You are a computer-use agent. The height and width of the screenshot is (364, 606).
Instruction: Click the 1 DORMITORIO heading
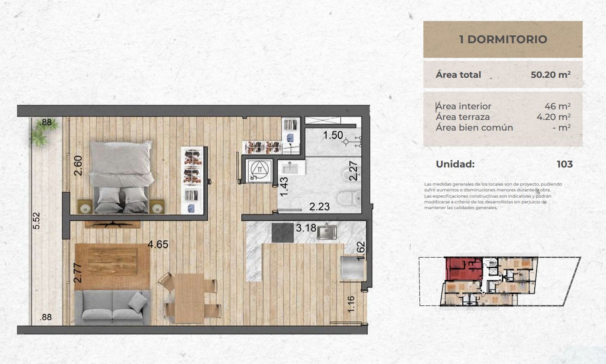click(x=503, y=39)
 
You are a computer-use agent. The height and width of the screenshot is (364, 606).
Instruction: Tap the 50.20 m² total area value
click(x=550, y=75)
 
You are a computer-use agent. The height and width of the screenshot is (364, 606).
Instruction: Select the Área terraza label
click(x=463, y=117)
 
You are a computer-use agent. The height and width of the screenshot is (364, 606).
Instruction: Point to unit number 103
click(x=565, y=164)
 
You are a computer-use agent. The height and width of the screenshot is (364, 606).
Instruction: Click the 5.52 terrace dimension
click(x=37, y=220)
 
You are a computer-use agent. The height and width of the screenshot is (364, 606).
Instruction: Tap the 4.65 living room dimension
click(x=158, y=244)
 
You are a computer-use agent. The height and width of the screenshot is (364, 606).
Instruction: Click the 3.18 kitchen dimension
click(x=306, y=228)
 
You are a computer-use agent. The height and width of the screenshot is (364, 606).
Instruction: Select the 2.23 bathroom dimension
click(x=319, y=207)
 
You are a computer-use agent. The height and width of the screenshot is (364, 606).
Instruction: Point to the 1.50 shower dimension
click(x=333, y=135)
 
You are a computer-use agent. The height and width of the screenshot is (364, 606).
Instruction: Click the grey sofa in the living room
click(x=112, y=307)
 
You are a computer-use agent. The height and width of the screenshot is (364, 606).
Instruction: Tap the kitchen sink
click(x=327, y=232)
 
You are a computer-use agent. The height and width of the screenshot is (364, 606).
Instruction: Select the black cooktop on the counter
click(x=282, y=232)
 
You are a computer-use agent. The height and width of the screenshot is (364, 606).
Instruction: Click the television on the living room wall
click(x=112, y=224)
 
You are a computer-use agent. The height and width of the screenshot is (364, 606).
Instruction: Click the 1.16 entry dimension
click(x=351, y=304)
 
